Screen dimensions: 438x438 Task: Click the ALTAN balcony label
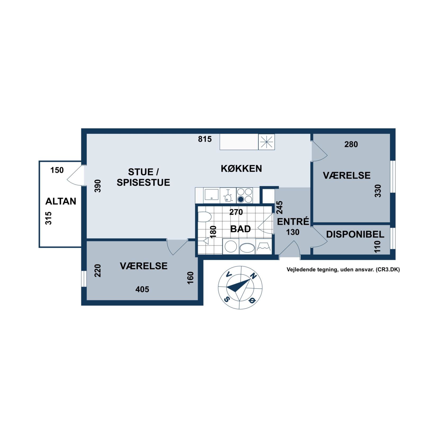[61, 201]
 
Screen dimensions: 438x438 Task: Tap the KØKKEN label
[241, 168]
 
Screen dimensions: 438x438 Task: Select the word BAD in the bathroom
[240, 229]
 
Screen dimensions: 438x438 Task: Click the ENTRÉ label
[293, 221]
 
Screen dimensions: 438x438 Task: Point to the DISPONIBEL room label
[355, 234]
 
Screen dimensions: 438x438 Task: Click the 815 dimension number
[205, 139]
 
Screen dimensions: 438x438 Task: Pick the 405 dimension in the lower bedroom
[142, 289]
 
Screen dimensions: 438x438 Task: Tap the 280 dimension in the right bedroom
[351, 144]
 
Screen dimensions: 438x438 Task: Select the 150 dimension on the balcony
[57, 170]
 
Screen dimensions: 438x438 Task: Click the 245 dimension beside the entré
[280, 208]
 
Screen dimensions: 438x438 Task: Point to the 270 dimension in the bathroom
[236, 212]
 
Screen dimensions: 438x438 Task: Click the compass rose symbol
[240, 288]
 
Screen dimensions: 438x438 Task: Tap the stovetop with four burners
[244, 195]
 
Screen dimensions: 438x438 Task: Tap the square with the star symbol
[266, 142]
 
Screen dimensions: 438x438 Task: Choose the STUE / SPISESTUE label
[143, 177]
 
